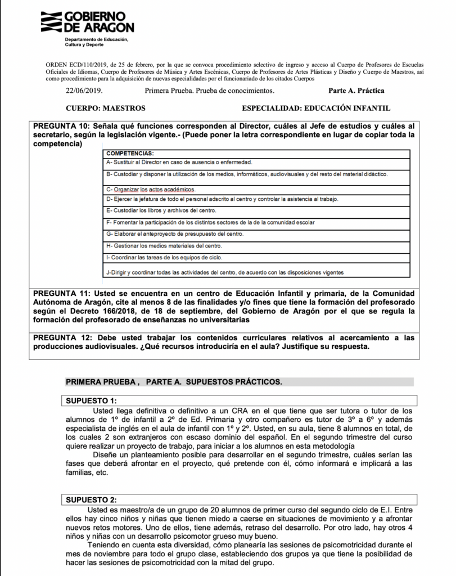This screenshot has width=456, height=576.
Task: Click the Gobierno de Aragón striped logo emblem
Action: [x=51, y=21]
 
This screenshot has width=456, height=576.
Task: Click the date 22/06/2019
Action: [x=84, y=90]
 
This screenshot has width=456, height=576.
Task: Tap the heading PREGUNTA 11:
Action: [x=61, y=293]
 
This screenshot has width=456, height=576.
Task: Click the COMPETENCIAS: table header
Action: [x=130, y=153]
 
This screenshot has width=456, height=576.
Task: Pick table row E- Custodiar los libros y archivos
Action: [x=152, y=210]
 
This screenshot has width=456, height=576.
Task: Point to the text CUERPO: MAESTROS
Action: [x=105, y=107]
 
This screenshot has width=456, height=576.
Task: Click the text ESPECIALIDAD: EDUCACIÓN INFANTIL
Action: [x=315, y=107]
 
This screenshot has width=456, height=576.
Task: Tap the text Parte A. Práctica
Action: [x=356, y=90]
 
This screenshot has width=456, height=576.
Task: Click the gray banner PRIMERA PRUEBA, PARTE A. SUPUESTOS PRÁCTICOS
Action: [x=174, y=381]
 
